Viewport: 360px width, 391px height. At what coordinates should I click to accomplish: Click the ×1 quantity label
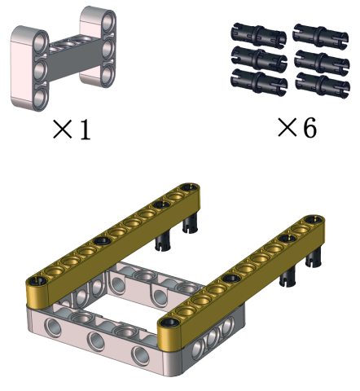tap(72, 130)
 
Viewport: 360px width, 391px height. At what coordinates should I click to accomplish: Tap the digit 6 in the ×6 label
tap(310, 127)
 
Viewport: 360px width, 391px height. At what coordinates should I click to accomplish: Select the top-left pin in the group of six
tap(258, 35)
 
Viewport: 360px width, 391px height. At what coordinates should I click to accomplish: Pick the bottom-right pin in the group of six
tap(323, 85)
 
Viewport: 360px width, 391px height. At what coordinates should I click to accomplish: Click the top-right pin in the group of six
tap(320, 36)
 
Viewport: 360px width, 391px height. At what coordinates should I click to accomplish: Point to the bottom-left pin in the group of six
tap(259, 82)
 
